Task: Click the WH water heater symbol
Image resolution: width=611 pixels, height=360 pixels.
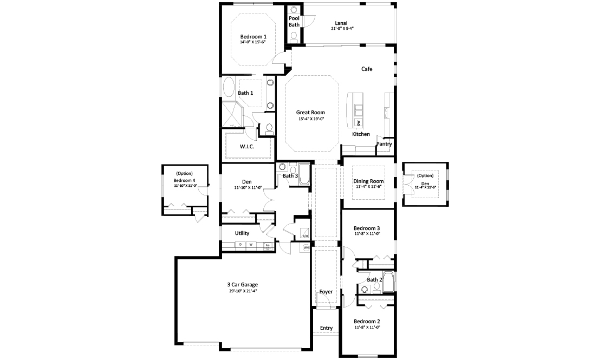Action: pyautogui.click(x=306, y=248)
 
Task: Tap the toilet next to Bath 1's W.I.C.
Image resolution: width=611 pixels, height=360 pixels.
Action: pyautogui.click(x=269, y=129)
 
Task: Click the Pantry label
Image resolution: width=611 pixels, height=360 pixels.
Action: pyautogui.click(x=384, y=144)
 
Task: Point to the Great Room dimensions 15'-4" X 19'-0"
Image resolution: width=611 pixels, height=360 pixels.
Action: pyautogui.click(x=311, y=119)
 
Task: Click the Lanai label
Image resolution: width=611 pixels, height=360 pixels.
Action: pyautogui.click(x=342, y=22)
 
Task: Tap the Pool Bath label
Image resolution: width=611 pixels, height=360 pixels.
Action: pyautogui.click(x=294, y=21)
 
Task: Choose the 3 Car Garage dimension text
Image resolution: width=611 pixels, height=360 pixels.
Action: pyautogui.click(x=242, y=291)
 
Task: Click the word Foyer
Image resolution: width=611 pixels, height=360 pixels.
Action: pyautogui.click(x=326, y=292)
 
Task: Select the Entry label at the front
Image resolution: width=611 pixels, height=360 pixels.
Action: pyautogui.click(x=326, y=328)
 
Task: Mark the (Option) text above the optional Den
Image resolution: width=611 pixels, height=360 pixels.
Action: pyautogui.click(x=425, y=175)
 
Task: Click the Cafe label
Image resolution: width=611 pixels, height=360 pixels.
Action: pyautogui.click(x=367, y=69)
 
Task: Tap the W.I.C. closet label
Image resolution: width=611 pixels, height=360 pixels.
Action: pyautogui.click(x=247, y=147)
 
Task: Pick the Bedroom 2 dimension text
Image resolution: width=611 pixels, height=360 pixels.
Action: pyautogui.click(x=367, y=328)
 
